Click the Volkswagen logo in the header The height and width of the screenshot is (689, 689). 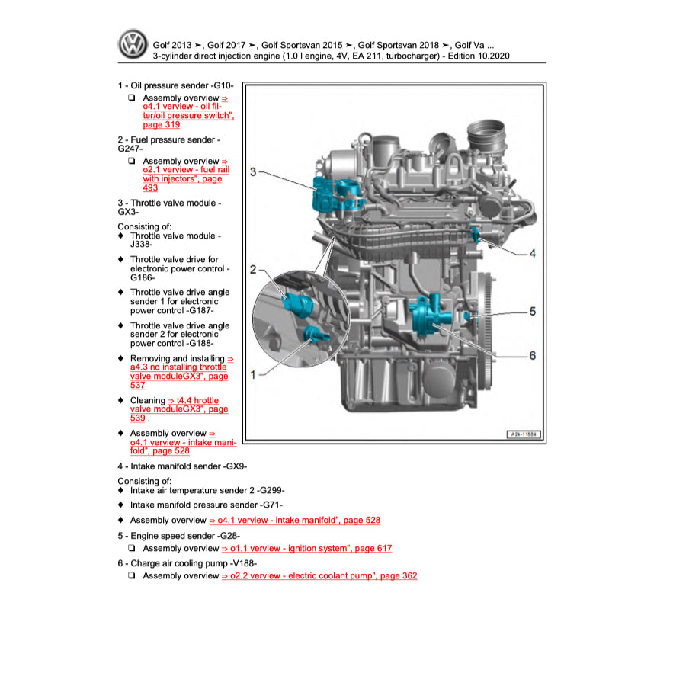click(132, 45)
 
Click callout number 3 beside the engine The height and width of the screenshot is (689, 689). click(253, 172)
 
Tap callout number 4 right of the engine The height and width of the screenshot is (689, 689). click(532, 253)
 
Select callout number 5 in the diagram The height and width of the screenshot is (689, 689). click(532, 311)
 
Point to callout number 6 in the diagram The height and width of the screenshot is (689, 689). click(532, 356)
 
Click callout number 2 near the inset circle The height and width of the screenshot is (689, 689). click(253, 270)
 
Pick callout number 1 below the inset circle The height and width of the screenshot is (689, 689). click(253, 373)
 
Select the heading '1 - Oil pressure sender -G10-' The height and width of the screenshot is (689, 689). click(175, 86)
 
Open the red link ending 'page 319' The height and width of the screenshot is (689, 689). click(162, 124)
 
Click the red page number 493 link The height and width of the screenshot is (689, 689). click(150, 187)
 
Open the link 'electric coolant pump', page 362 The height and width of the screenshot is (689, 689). click(319, 576)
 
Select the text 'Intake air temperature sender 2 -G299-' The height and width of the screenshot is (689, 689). click(207, 491)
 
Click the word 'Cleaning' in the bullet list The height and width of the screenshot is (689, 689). click(147, 400)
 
